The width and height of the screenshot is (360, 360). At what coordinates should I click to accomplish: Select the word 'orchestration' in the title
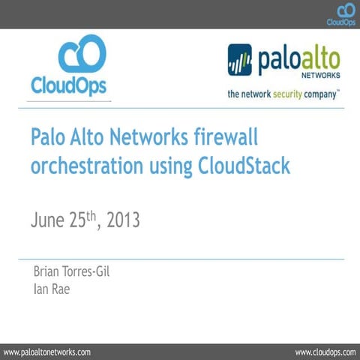(x=85, y=166)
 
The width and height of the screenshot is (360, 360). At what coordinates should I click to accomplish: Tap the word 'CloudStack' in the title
(x=244, y=166)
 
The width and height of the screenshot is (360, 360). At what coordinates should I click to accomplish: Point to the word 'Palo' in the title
(x=48, y=137)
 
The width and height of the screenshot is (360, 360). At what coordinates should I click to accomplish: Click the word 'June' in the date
(x=50, y=221)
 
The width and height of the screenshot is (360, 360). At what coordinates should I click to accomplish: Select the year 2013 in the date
(x=124, y=221)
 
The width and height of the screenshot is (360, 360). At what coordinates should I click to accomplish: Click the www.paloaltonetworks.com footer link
(x=48, y=351)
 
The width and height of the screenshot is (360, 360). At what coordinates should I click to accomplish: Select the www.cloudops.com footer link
(x=325, y=351)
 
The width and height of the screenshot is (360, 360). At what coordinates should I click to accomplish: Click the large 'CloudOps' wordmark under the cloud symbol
(x=70, y=85)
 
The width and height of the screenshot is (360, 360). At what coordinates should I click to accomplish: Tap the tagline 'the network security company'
(x=283, y=95)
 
